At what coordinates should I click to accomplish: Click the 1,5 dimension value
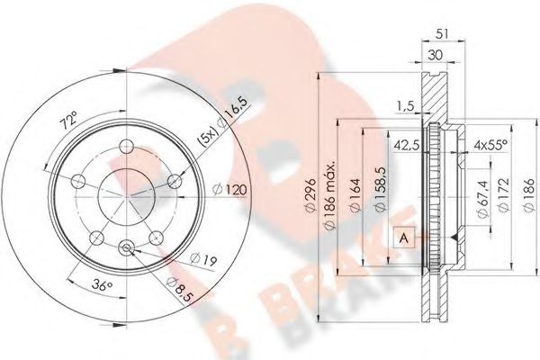(x=406, y=105)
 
